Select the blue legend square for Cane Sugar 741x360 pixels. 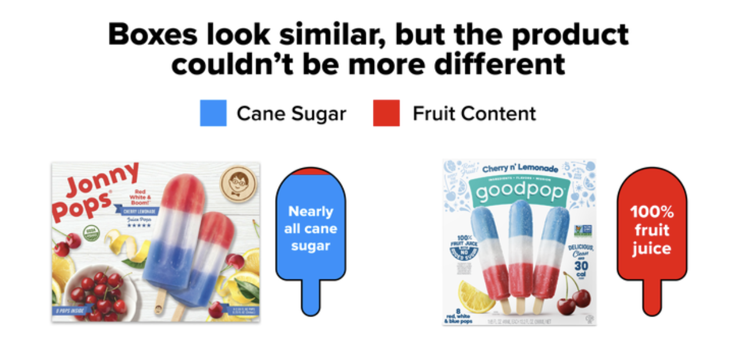pos(213,113)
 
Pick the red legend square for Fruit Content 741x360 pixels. pos(386,113)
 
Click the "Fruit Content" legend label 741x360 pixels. pos(474,113)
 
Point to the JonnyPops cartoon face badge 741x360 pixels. pos(238,182)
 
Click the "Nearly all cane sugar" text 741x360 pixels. pos(311,228)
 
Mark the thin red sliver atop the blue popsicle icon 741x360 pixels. pos(311,171)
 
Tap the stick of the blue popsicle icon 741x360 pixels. pos(311,297)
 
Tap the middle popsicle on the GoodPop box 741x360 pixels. pos(520,250)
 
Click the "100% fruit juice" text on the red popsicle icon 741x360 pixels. pos(651,230)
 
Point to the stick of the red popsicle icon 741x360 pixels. pos(652,297)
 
